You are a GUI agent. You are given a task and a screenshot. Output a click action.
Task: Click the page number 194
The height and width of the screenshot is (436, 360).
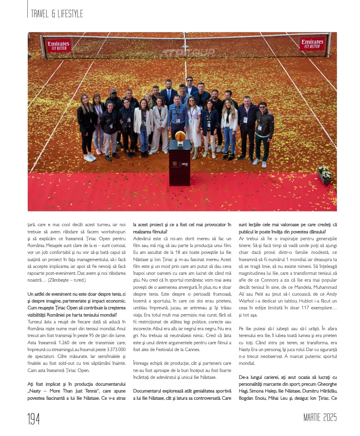tap(34, 419)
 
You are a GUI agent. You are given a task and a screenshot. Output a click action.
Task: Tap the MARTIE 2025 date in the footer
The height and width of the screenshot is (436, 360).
tap(320, 418)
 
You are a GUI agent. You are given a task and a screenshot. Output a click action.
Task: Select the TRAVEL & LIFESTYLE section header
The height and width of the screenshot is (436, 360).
tap(57, 14)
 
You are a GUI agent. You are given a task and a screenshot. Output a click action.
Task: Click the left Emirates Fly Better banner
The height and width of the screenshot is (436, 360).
tap(59, 46)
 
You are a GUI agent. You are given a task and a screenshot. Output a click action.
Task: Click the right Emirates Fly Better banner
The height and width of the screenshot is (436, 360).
tap(312, 44)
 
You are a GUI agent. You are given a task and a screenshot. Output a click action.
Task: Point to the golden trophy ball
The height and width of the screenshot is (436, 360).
tap(180, 136)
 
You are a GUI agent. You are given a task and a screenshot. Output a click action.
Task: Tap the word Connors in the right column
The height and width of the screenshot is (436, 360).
tap(274, 280)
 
